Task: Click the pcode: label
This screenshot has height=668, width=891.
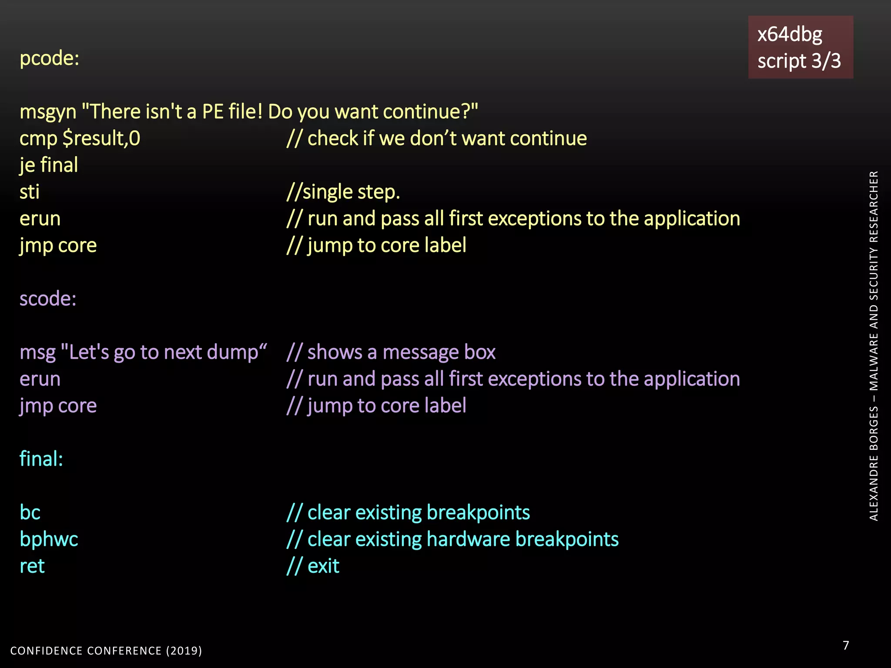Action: (x=49, y=58)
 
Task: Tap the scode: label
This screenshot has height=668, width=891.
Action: (x=48, y=299)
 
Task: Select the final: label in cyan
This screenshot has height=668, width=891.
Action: (x=41, y=459)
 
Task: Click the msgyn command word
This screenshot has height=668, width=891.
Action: (x=48, y=112)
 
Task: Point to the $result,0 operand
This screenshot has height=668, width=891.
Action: (x=101, y=139)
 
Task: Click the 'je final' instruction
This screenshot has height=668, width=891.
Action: (x=49, y=165)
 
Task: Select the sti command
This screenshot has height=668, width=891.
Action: (x=30, y=192)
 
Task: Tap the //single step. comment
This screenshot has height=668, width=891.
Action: (x=343, y=192)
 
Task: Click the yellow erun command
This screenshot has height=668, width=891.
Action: (x=40, y=219)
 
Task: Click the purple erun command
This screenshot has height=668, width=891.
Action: (x=40, y=379)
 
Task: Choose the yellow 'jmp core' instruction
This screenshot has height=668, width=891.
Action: (x=58, y=246)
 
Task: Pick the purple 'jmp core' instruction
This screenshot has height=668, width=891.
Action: (x=58, y=406)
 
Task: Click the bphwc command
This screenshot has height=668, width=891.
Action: (x=49, y=539)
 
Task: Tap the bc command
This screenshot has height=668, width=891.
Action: (x=30, y=513)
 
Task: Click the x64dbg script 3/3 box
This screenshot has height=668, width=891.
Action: (x=800, y=47)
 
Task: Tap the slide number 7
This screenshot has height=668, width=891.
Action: (x=845, y=645)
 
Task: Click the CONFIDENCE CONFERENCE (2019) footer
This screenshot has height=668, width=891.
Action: (x=106, y=651)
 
